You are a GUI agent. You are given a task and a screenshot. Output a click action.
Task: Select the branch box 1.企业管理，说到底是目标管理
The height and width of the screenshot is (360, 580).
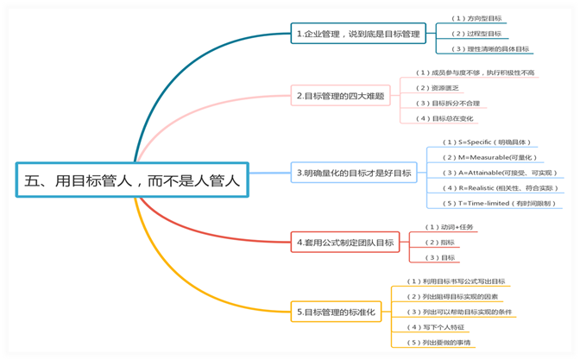click(x=357, y=35)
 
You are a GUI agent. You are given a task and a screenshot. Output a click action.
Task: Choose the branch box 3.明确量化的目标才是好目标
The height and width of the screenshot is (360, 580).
click(x=354, y=174)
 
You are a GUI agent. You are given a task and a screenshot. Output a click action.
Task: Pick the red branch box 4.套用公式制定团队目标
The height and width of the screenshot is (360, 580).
click(x=344, y=243)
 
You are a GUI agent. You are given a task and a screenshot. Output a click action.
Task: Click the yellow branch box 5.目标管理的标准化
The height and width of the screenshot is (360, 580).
click(x=337, y=311)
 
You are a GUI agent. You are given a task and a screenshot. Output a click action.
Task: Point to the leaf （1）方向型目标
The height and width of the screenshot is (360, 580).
click(x=477, y=19)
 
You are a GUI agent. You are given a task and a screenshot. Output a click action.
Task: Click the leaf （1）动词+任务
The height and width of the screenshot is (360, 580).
click(x=451, y=227)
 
